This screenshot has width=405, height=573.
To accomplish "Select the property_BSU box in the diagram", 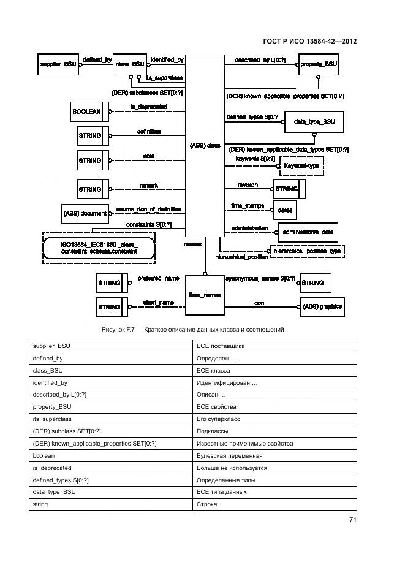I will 319,64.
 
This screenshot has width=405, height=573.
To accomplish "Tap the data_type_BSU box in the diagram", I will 314,122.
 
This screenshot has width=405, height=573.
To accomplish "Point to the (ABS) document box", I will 85,214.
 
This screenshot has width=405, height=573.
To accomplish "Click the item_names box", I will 204,295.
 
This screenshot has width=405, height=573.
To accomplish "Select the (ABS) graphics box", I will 322,306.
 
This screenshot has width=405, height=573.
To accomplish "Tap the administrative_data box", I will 308,232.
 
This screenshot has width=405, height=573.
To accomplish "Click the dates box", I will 285,210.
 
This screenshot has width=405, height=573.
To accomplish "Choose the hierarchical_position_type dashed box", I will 307,251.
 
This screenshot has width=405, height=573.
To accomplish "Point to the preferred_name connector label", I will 157,278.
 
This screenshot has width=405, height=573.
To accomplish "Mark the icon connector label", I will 259,303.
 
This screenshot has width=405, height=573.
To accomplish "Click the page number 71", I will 353,520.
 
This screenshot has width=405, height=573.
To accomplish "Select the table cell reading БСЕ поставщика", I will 274,346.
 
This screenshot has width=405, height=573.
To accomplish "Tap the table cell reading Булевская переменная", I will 274,456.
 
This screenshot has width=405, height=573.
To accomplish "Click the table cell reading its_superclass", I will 110,419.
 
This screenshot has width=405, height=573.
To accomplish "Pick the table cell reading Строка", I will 274,504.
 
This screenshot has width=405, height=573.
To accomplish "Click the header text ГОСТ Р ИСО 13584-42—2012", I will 309,41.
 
